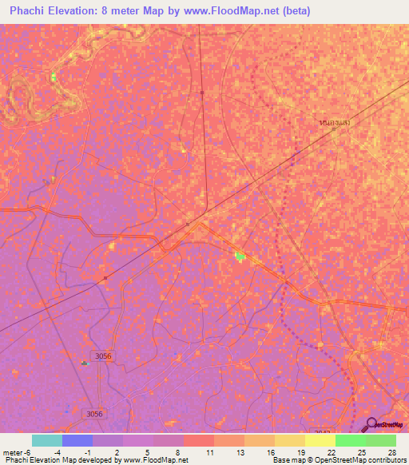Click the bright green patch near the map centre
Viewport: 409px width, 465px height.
[240, 256]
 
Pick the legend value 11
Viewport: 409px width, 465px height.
[211, 452]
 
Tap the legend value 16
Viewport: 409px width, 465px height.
[272, 452]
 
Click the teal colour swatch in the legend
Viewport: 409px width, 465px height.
[47, 440]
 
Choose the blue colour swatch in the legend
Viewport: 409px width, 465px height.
[77, 440]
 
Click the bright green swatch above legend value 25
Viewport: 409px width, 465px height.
[351, 440]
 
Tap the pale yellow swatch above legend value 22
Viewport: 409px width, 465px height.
[320, 440]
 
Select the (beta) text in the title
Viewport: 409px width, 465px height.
[294, 11]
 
